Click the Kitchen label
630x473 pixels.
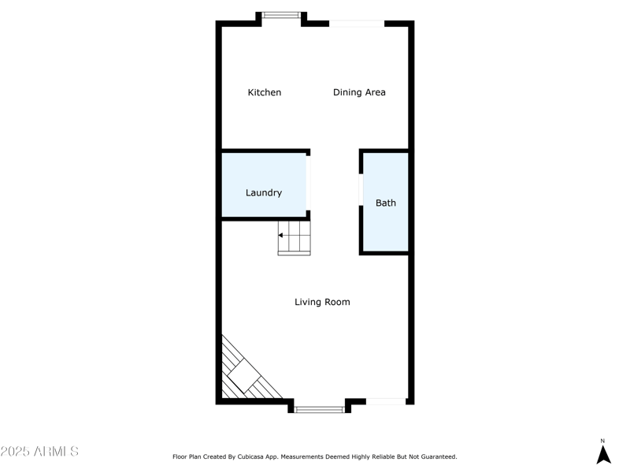(265, 92)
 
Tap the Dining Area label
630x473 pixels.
(359, 92)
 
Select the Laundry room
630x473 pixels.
(264, 184)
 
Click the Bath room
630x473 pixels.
(386, 203)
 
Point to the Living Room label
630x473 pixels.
(322, 302)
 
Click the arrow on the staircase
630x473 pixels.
(281, 235)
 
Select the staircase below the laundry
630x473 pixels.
(295, 238)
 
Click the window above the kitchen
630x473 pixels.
(280, 14)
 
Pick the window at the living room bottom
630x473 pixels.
(320, 409)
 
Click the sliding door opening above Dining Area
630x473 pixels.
(357, 24)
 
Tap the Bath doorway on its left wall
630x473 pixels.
(361, 190)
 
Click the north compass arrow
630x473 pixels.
(603, 455)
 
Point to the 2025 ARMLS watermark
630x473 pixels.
(39, 452)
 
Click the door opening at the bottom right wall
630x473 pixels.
(386, 402)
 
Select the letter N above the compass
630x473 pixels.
(603, 441)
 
